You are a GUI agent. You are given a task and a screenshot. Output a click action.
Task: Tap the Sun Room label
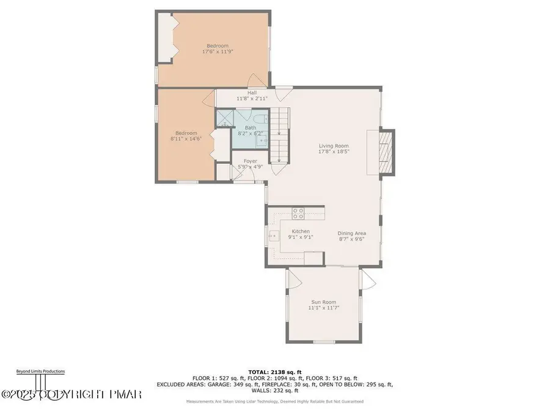324,302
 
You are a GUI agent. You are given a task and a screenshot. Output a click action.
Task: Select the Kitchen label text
300,231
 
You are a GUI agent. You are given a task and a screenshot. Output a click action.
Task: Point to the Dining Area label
352,233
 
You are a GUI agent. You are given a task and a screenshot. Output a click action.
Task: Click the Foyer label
241,161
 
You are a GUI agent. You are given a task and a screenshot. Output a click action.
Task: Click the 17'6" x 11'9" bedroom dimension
217,52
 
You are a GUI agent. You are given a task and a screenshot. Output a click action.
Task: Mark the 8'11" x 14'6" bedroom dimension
186,138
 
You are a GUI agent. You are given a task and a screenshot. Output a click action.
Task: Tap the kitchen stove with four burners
299,214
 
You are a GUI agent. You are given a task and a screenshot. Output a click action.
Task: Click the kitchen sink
273,234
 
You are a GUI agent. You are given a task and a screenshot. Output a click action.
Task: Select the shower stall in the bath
224,118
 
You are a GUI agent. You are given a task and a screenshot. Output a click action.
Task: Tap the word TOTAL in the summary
257,371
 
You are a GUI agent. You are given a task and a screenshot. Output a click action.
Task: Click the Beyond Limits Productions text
40,371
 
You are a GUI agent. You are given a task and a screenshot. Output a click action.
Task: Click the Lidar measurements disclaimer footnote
275,401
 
